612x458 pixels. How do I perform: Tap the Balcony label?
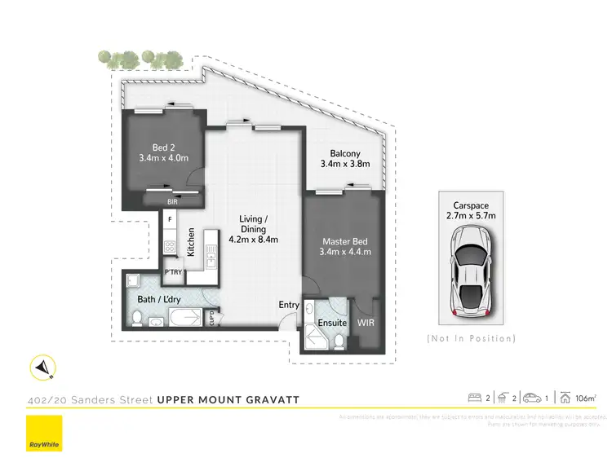(346, 154)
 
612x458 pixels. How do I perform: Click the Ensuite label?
(331, 324)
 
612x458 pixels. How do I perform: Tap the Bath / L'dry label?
(159, 301)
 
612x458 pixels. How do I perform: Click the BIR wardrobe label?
(172, 200)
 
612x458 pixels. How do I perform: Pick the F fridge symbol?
(170, 219)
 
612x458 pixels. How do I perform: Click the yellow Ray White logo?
(44, 433)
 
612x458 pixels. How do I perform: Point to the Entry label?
(289, 305)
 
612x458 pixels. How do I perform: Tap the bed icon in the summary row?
(474, 399)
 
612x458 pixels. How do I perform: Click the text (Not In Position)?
(471, 337)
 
